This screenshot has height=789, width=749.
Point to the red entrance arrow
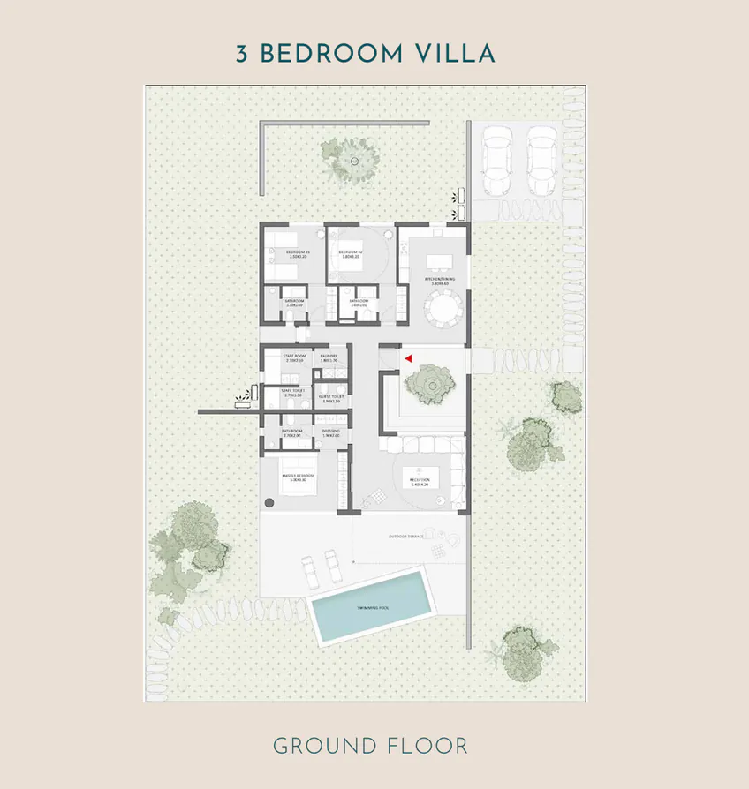tap(408, 357)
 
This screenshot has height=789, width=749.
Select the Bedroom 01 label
tap(298, 253)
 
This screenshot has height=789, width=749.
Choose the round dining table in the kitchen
tap(440, 310)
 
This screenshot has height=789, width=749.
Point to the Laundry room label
tap(329, 357)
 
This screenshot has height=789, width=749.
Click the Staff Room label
tap(294, 357)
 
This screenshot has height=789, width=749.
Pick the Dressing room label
tap(331, 432)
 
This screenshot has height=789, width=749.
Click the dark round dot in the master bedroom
tap(269, 502)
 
